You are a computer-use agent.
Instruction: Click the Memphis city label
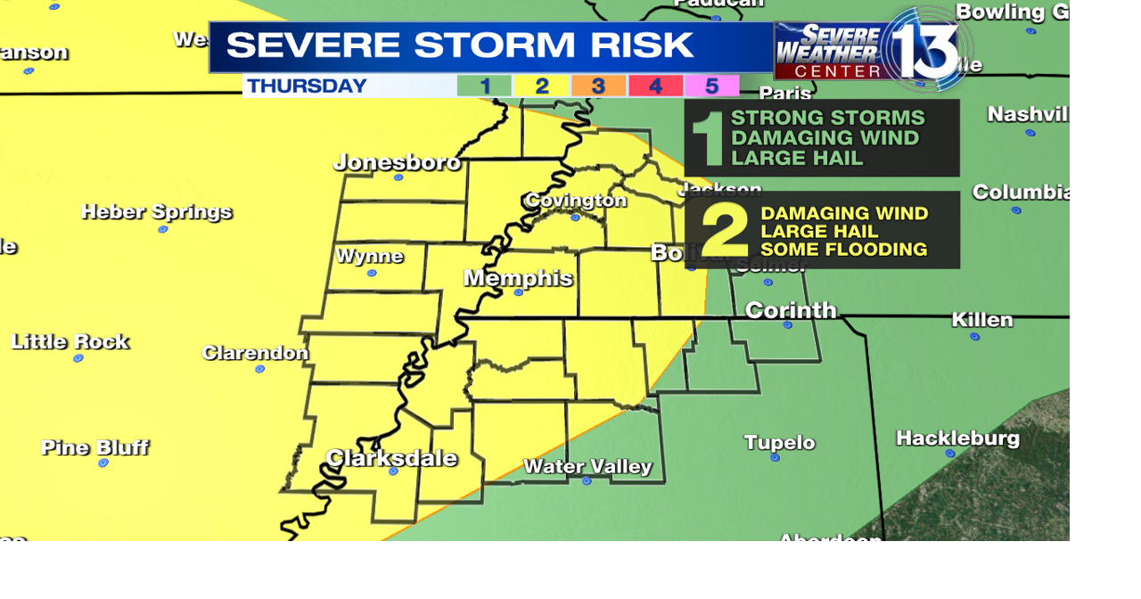tap(518, 278)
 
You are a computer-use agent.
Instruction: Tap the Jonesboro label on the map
tap(397, 162)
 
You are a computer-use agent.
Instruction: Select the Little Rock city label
tap(70, 341)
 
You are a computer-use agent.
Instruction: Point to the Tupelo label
tap(780, 442)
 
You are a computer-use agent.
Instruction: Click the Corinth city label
tap(791, 310)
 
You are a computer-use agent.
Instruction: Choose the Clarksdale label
tap(391, 458)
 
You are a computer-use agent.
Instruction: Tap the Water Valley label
tap(587, 466)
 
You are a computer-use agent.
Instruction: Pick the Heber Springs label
tap(157, 212)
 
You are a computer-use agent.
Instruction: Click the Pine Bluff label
tap(94, 447)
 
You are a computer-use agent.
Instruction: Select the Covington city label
tap(576, 200)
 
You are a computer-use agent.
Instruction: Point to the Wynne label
tap(369, 257)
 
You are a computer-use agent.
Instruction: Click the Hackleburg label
tap(957, 438)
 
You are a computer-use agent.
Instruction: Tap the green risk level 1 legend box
tap(484, 86)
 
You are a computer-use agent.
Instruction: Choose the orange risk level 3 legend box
tap(598, 86)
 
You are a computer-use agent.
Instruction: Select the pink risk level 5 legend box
tap(711, 86)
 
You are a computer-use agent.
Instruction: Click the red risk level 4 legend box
tap(655, 86)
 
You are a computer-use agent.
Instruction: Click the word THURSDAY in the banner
tap(307, 86)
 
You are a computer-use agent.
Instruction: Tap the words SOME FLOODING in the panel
tap(843, 250)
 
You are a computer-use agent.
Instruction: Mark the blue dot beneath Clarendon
tap(260, 368)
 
